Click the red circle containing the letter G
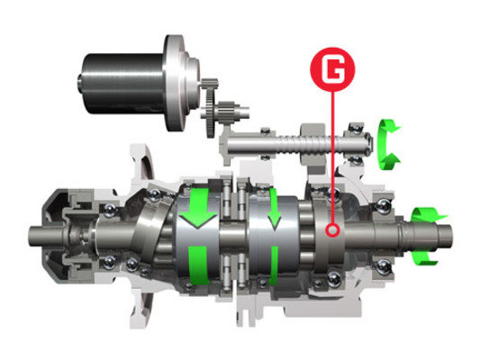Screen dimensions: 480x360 coord(332,69)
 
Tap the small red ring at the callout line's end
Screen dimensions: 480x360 coord(332,229)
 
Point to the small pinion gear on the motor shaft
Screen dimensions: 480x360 coord(210,84)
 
